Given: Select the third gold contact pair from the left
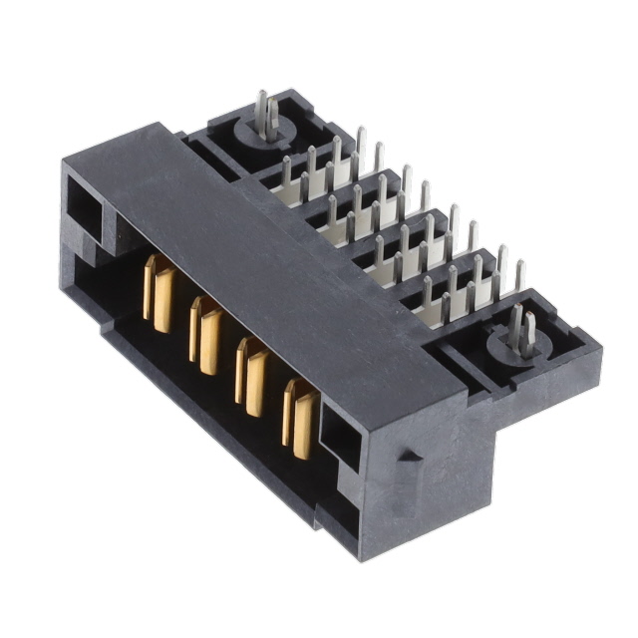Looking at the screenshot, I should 251,377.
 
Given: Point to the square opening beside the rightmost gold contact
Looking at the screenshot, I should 339,439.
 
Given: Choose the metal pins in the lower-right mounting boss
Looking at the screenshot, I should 521,329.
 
